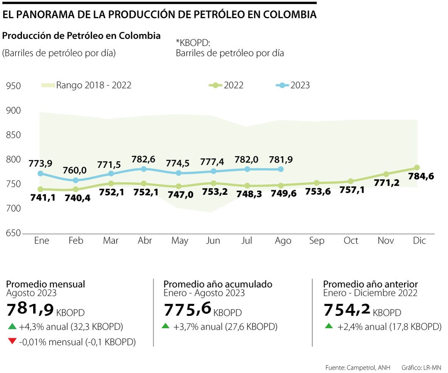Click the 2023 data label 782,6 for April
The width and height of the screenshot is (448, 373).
coord(144,159)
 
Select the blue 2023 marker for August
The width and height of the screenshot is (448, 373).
coord(281,169)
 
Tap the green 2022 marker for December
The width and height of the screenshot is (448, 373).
coord(417,168)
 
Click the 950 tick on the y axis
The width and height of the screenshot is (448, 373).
coord(13,86)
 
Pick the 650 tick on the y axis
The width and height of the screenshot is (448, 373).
coord(13,233)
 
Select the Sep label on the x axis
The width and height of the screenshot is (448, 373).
coord(317,241)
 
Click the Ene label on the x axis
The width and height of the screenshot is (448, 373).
coord(41,241)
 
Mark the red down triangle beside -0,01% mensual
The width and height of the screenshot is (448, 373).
coord(12,342)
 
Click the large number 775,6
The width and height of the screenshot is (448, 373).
coord(187,310)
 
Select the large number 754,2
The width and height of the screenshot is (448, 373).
coord(347,310)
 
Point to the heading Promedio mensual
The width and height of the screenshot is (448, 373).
coord(46,284)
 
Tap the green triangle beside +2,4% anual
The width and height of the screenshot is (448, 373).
coord(329,326)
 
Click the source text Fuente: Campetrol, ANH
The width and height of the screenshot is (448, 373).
coord(358,368)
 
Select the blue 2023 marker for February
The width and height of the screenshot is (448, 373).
coord(75,180)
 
